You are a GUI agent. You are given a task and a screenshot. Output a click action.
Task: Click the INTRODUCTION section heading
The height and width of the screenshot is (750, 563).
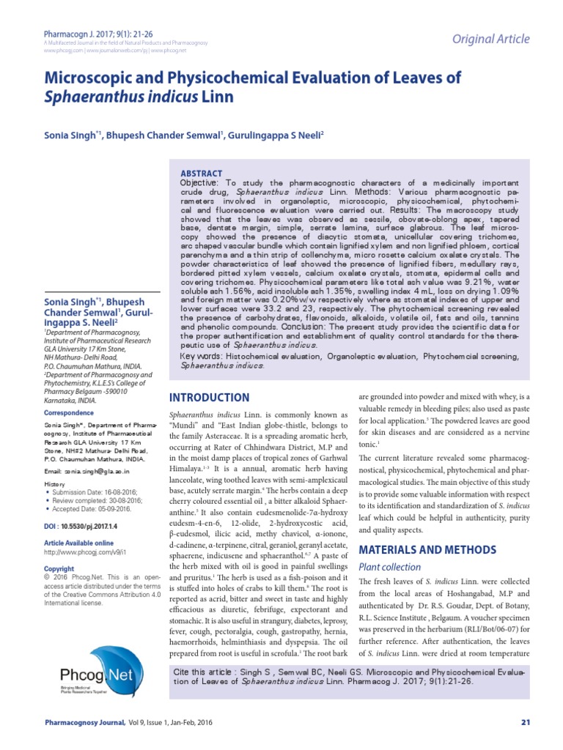coord(208,398)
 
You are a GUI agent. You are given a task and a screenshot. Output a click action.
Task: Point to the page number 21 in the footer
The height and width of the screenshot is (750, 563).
coord(524,724)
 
